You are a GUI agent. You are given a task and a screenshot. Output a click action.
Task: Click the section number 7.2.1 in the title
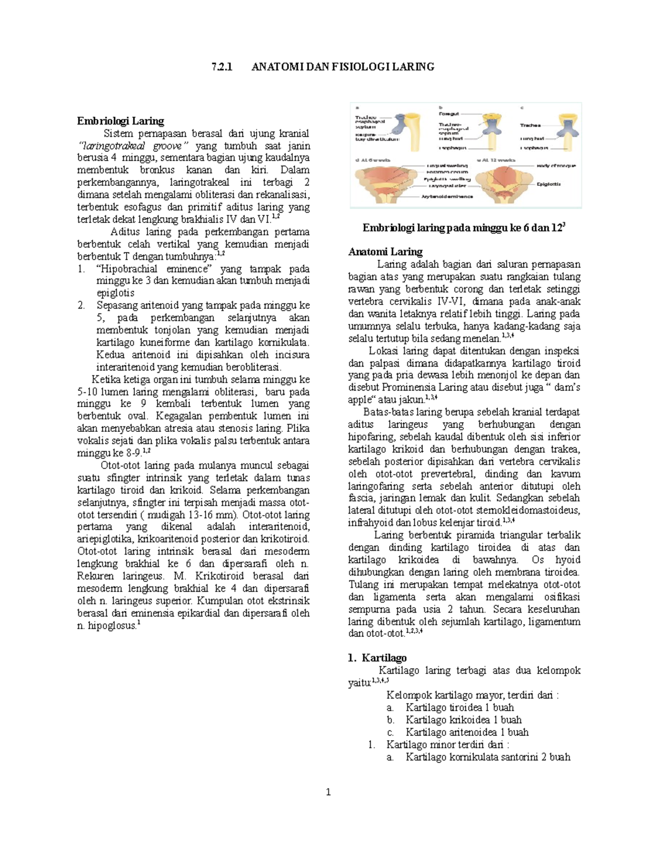point(222,67)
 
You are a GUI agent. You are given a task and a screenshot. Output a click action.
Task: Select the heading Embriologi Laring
point(120,121)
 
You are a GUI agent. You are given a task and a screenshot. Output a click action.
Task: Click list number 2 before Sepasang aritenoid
point(81,306)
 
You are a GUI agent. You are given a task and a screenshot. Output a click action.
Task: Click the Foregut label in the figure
point(449,114)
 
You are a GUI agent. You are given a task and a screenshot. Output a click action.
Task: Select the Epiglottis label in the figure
point(548,184)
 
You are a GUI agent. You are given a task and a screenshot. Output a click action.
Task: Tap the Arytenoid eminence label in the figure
point(447,196)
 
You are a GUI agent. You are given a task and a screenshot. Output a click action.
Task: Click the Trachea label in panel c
point(530,125)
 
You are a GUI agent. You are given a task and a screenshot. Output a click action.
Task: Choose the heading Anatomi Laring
point(385,252)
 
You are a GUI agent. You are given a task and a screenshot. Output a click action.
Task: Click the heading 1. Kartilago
point(377,658)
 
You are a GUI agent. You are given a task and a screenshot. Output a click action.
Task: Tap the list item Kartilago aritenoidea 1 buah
point(467,732)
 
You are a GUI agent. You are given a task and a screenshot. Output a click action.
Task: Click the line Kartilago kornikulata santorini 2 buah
point(487,757)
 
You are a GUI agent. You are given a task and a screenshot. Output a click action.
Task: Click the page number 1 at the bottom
point(328,792)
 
